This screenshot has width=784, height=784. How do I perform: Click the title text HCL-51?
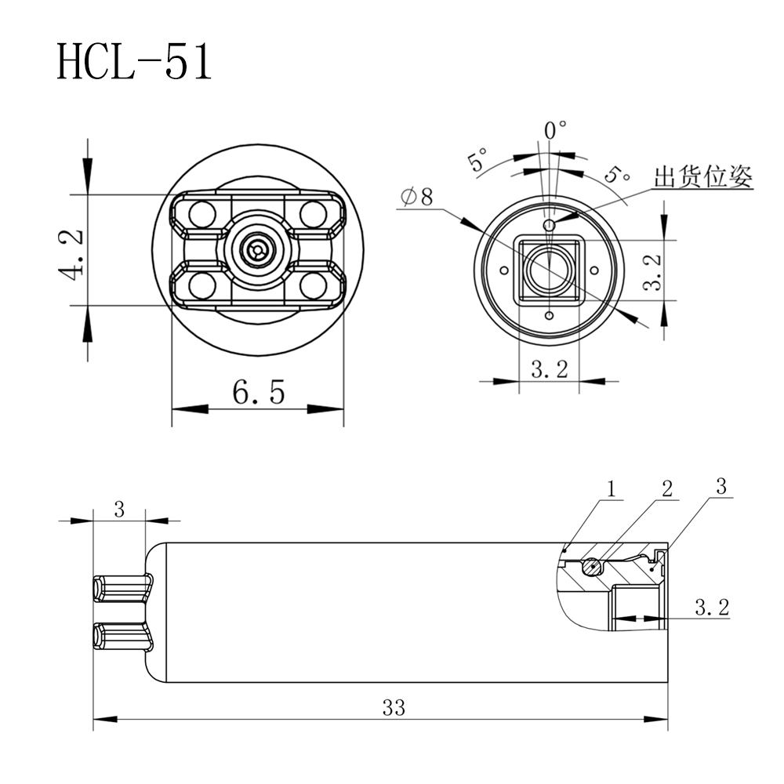pos(134,62)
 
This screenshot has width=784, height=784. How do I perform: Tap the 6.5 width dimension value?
pos(258,391)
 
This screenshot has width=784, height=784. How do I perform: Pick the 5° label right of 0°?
pos(619,175)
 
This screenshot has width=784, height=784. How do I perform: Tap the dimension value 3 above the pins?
pos(119,510)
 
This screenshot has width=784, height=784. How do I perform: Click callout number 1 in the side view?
pos(612,488)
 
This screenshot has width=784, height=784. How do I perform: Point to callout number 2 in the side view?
pos(666,488)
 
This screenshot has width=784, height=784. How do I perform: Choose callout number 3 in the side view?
pos(722,485)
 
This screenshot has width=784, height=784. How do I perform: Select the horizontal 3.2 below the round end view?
pos(549,370)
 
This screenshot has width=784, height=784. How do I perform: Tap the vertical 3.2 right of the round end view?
pos(652,269)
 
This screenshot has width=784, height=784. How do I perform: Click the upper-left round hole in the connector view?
pos(202,213)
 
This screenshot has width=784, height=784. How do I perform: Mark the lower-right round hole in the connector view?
pos(313,286)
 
